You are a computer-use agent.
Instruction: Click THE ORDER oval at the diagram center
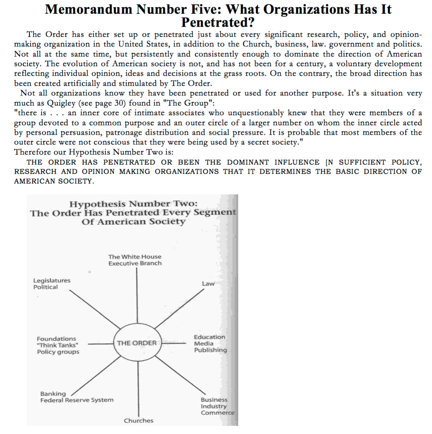click(x=137, y=343)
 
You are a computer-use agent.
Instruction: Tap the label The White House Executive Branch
click(x=135, y=260)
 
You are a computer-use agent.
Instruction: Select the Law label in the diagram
click(x=208, y=284)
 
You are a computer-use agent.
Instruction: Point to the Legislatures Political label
click(x=52, y=284)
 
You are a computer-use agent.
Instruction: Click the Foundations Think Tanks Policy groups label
click(x=58, y=345)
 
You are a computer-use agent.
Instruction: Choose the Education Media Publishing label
click(x=210, y=344)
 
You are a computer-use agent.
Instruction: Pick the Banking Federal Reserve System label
click(x=77, y=397)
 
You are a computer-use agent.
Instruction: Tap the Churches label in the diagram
click(x=138, y=420)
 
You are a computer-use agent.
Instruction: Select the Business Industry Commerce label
click(x=217, y=406)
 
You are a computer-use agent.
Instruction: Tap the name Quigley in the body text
click(x=61, y=103)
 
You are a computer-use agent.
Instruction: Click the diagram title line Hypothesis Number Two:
click(x=133, y=204)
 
